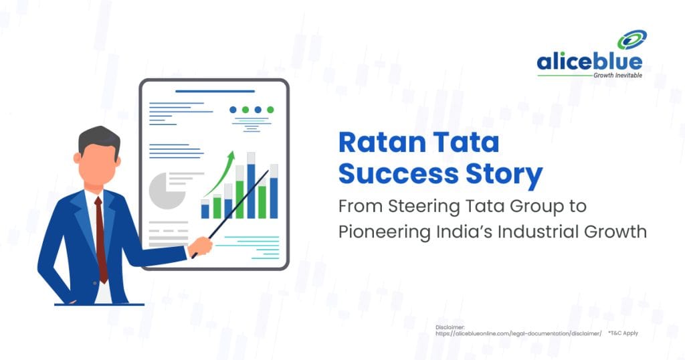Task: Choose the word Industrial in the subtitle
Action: coord(532,232)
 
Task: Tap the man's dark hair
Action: coord(98,137)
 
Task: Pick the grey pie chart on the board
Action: coord(167,191)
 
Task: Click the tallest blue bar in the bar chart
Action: coord(251,191)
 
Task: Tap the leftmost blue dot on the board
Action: coord(233,110)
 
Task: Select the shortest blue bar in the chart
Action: coord(205,211)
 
